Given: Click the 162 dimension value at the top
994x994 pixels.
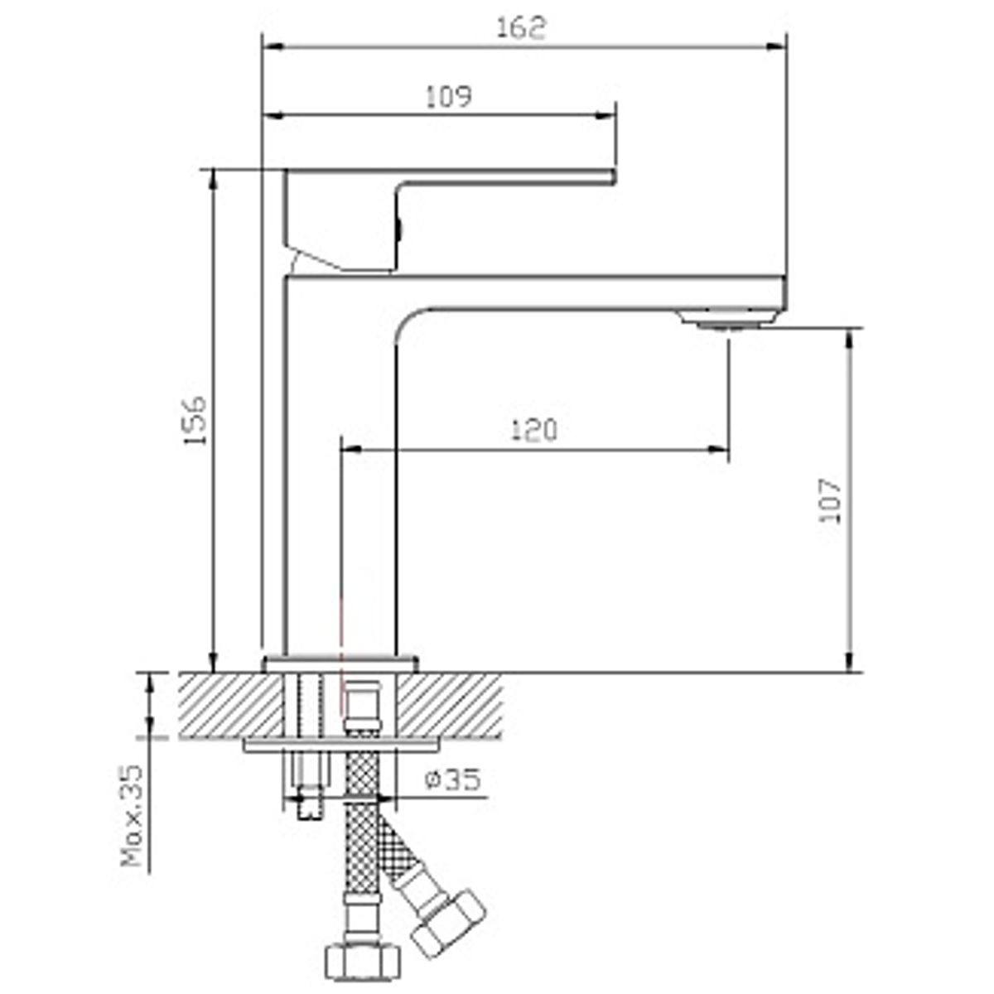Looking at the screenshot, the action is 520,27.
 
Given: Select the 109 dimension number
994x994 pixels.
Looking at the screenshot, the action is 448,96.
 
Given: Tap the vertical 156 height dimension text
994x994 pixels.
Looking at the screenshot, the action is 195,420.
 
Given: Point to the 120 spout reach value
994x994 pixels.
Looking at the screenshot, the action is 534,430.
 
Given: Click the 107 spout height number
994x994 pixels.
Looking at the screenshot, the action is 830,500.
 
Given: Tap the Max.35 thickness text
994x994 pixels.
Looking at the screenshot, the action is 131,816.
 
